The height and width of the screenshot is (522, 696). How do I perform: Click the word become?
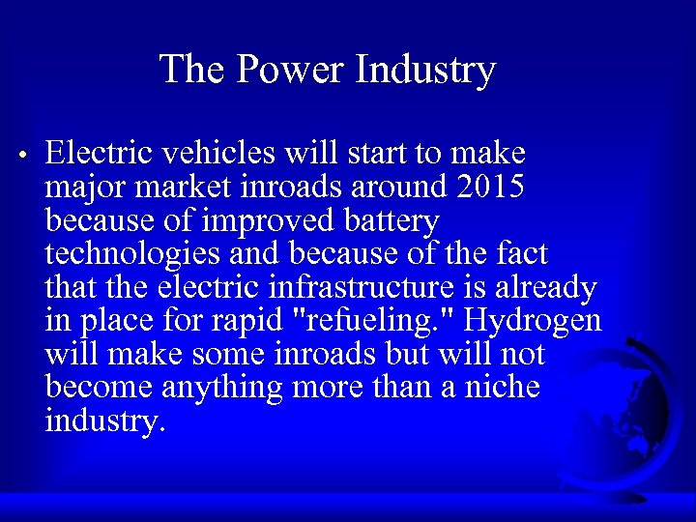(x=100, y=389)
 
